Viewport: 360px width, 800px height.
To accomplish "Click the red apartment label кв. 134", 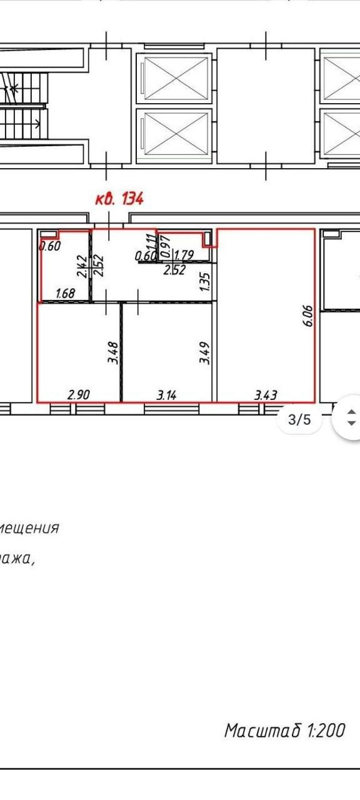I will point(119,199).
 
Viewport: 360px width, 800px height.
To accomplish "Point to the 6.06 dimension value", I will point(307,317).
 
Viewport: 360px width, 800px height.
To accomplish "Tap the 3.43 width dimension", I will point(266,395).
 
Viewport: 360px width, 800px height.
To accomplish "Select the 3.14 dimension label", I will point(167,395).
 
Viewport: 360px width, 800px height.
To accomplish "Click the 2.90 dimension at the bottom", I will point(79,395).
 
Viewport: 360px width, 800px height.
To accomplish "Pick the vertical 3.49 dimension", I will point(204,352).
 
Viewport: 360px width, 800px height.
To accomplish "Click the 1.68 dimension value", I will point(66,293).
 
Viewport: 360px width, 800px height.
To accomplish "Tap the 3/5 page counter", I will point(299,420).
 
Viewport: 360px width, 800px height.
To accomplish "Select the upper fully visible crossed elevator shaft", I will point(174,78).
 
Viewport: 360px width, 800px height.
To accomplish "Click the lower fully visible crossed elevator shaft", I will point(174,133).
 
